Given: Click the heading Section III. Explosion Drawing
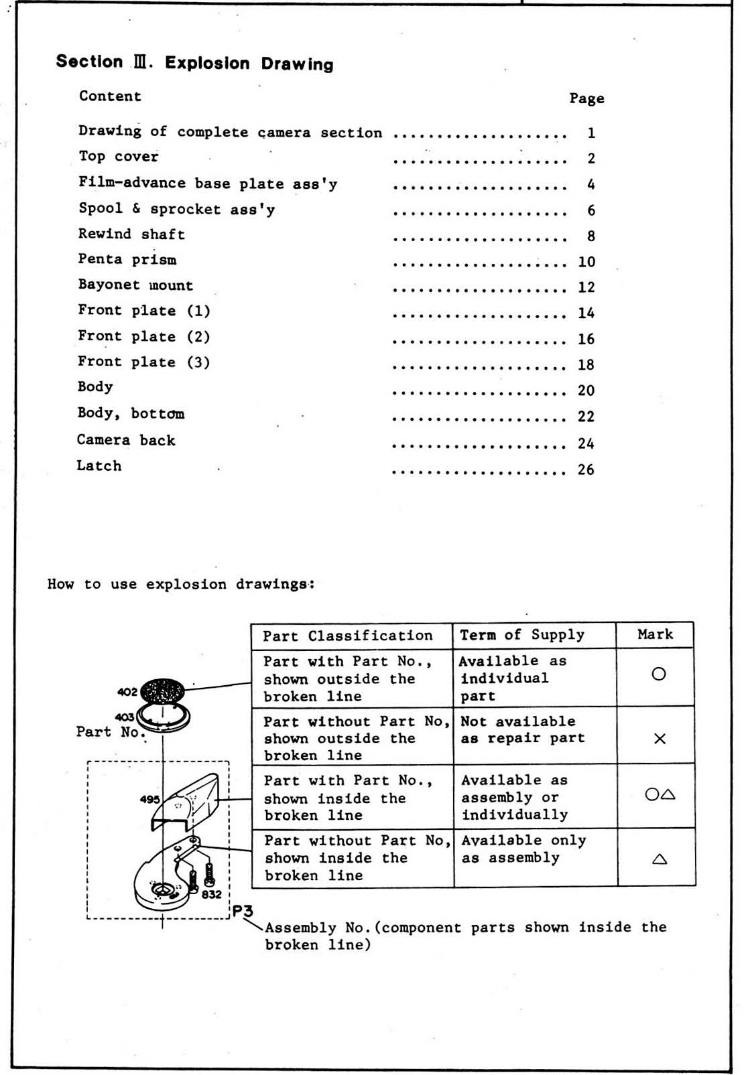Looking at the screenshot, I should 194,63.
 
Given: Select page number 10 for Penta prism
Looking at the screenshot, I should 586,262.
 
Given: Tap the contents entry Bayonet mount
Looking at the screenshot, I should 135,285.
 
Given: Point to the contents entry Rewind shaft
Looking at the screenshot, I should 131,234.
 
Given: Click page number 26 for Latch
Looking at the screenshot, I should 586,470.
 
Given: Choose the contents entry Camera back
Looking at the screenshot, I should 126,440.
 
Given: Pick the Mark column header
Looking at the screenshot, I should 655,634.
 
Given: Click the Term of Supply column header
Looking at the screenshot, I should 522,635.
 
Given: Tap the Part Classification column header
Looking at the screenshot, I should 347,636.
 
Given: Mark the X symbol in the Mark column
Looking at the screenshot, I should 660,739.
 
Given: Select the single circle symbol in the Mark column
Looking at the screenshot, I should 659,674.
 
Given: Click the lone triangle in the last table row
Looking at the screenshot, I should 660,859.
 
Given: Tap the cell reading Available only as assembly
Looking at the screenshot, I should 523,849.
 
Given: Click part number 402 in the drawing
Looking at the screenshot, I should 127,692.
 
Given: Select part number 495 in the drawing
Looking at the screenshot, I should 149,799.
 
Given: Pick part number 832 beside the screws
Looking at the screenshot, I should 211,894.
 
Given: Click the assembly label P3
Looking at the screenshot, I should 243,911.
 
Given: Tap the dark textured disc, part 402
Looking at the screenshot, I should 162,691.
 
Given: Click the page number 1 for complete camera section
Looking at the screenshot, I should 591,133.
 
